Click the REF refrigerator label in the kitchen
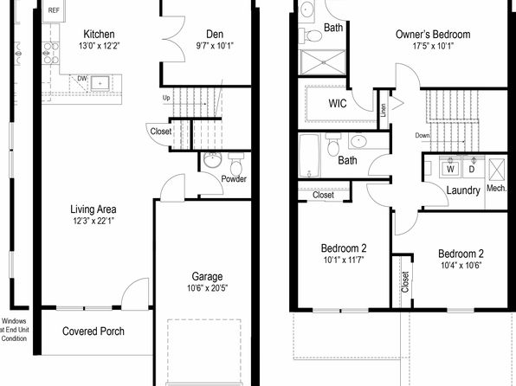pos(54,10)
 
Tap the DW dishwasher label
pos(82,79)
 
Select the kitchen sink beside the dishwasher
pos(100,83)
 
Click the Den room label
pos(215,35)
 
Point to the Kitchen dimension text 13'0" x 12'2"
pos(99,45)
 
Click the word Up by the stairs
pos(166,98)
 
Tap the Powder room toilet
pos(236,164)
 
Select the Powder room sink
pos(212,160)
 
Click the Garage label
pos(207,276)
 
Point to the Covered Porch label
pos(94,331)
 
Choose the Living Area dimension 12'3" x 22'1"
pos(94,221)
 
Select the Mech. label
pos(496,188)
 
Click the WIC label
pos(338,104)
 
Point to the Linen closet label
pos(384,110)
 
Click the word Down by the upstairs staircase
pos(422,135)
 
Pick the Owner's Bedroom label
pos(433,35)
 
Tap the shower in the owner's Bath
pos(322,62)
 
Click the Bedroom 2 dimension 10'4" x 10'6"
pos(461,265)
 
